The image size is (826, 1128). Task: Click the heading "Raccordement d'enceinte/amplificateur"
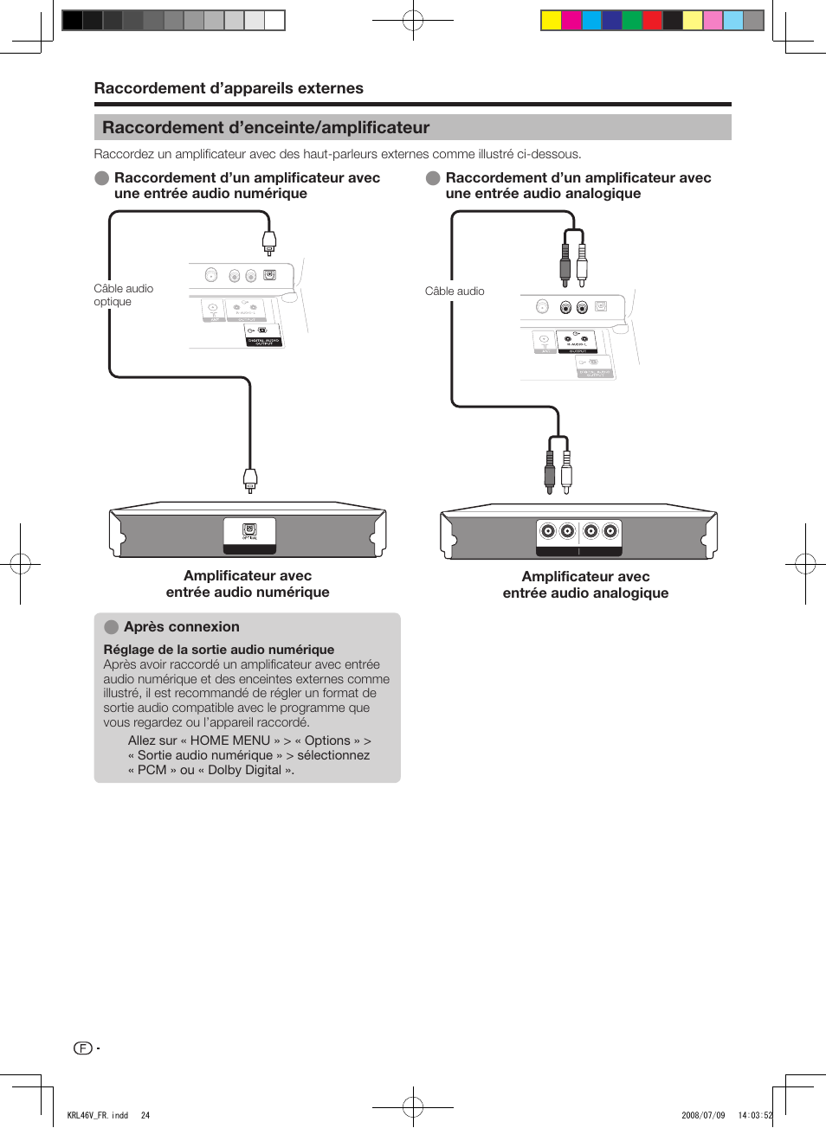coord(266,128)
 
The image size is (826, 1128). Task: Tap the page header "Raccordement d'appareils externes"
coord(229,88)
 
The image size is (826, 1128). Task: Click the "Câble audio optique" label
coord(123,295)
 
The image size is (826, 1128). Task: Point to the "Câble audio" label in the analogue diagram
coord(455,292)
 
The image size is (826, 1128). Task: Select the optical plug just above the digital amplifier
coord(250,478)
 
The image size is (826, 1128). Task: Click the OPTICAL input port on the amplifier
coord(249,529)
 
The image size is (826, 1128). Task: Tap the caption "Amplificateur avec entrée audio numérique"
coord(248,584)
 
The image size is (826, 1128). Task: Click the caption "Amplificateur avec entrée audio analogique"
coord(585,585)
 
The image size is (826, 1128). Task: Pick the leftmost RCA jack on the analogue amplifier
coord(548,531)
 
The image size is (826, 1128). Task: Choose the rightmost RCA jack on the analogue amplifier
coord(610,531)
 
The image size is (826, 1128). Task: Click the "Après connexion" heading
coord(181,627)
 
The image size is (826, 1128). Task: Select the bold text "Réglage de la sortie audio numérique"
coord(219,650)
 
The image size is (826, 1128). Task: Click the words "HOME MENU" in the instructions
coord(230,740)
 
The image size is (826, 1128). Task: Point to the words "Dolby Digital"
coord(245,770)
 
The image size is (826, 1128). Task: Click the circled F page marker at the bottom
coord(83,1048)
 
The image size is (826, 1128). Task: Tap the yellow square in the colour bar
coord(551,21)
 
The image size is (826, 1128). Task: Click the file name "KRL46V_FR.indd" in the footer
coord(98,1115)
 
